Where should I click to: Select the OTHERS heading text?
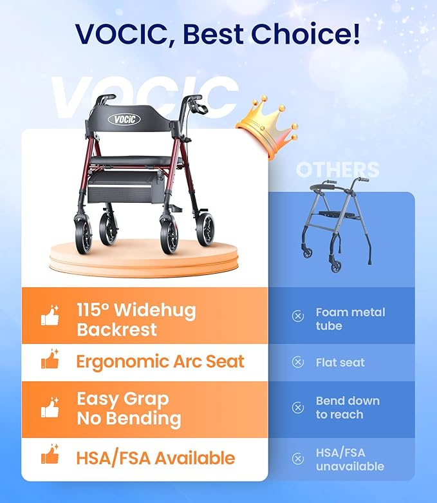(338, 171)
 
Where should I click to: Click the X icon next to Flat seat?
(298, 362)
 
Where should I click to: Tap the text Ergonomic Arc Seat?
(160, 361)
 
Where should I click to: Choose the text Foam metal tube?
(350, 319)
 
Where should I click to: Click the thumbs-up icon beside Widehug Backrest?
(50, 317)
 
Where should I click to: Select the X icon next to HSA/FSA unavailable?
(298, 459)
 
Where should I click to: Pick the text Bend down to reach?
(348, 407)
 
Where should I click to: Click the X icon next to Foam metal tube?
(298, 316)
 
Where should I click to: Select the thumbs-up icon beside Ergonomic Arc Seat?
(50, 361)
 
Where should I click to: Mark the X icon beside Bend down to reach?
(298, 407)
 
